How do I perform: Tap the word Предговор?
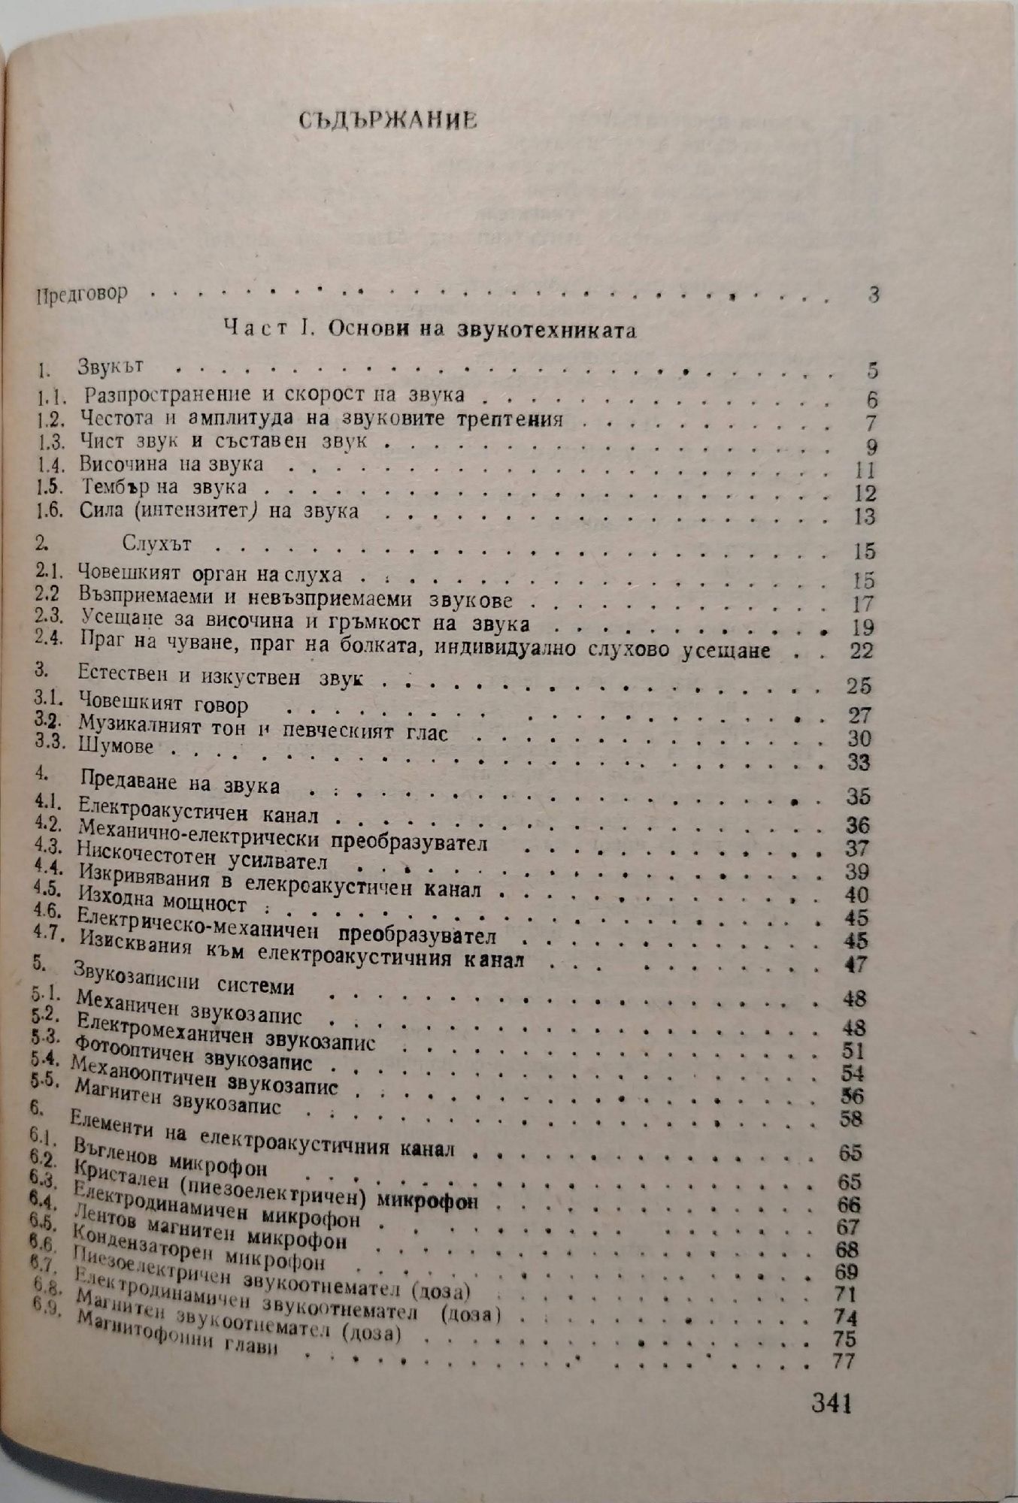[82, 293]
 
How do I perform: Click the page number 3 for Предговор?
[872, 295]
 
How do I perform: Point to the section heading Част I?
[429, 330]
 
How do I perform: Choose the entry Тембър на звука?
[162, 488]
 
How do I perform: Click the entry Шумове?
[116, 747]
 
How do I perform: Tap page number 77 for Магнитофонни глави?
[846, 1361]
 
